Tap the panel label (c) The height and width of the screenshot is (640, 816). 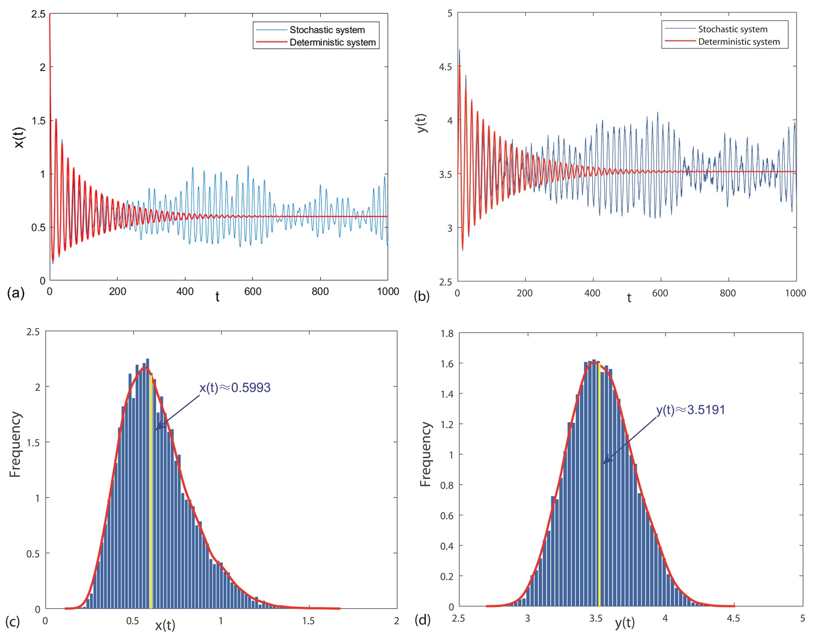pyautogui.click(x=13, y=621)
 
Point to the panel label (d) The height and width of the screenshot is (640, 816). pyautogui.click(x=422, y=620)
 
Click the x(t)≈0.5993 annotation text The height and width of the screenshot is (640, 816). pyautogui.click(x=235, y=388)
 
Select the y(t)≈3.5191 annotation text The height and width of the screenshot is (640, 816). pyautogui.click(x=690, y=410)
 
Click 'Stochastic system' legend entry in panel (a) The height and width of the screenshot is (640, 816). pyautogui.click(x=327, y=30)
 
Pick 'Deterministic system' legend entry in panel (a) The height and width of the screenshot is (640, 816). pyautogui.click(x=332, y=42)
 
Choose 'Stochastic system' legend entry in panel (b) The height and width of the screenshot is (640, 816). pyautogui.click(x=732, y=29)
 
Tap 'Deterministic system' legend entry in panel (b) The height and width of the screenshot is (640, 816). pyautogui.click(x=738, y=42)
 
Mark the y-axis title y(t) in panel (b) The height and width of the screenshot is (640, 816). pyautogui.click(x=422, y=123)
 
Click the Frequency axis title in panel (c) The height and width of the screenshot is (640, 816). pyautogui.click(x=15, y=444)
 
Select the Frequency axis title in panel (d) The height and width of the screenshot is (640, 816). pyautogui.click(x=425, y=454)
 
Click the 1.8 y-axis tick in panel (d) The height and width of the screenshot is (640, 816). pyautogui.click(x=447, y=334)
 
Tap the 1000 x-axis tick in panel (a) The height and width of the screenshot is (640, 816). pyautogui.click(x=388, y=291)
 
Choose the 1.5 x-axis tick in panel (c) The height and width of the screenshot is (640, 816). pyautogui.click(x=308, y=621)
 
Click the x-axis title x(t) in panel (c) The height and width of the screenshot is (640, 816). pyautogui.click(x=165, y=625)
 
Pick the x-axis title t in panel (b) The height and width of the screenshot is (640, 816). pyautogui.click(x=629, y=298)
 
